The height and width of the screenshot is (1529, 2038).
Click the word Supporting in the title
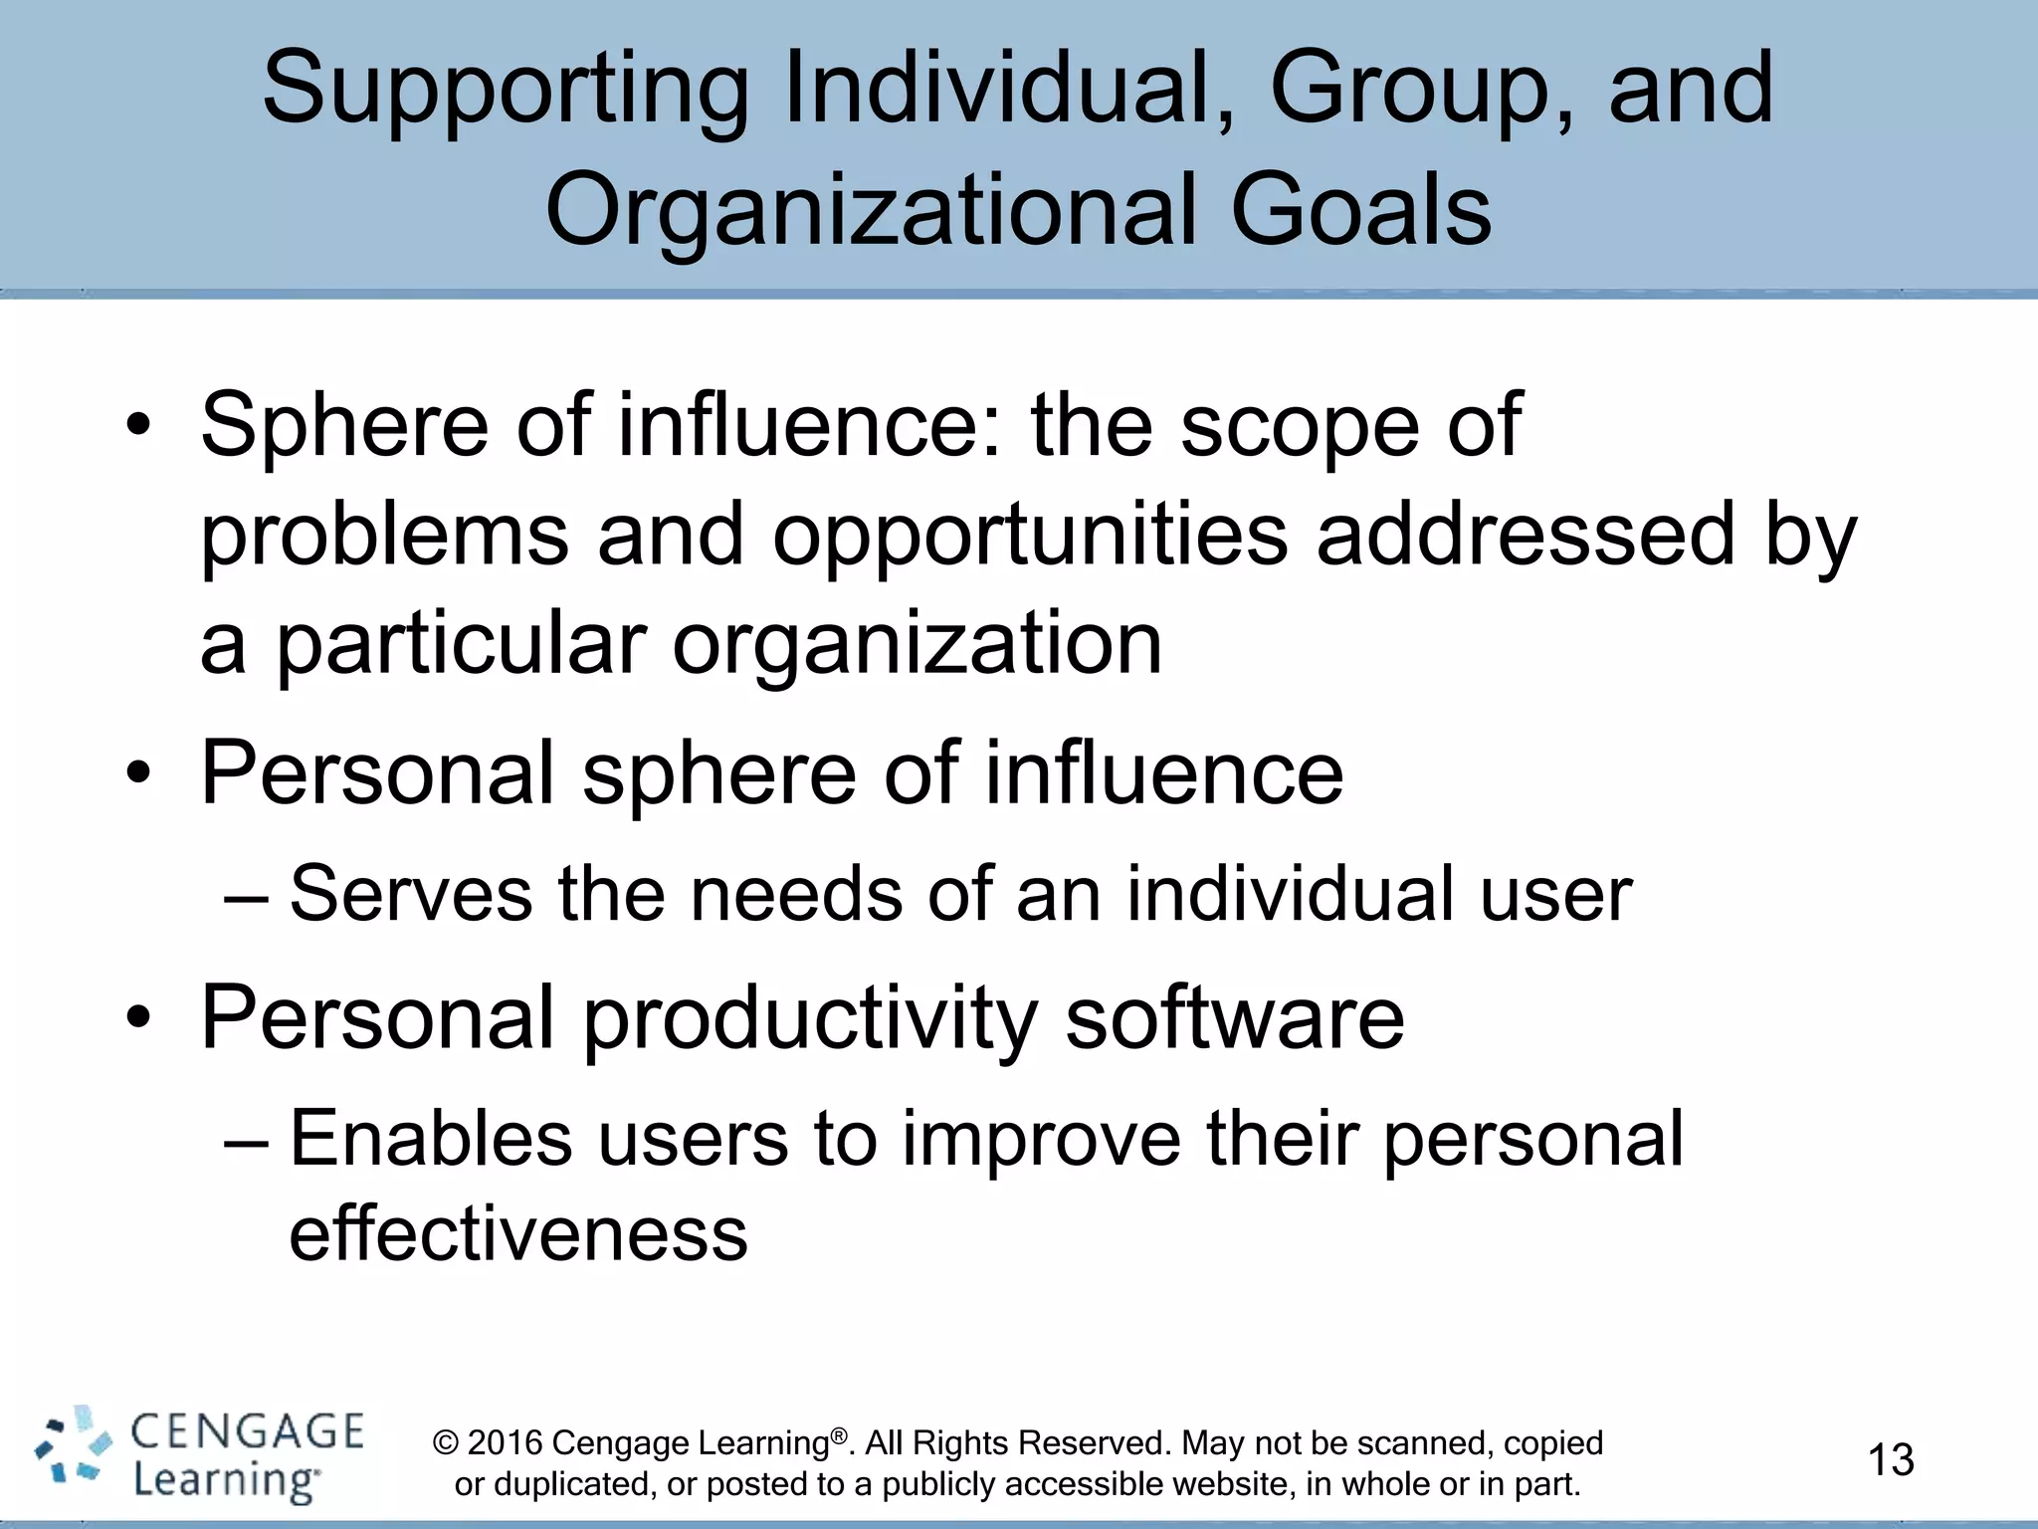[506, 92]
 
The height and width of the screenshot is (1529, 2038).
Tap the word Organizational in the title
[869, 210]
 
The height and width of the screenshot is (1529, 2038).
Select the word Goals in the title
[1360, 210]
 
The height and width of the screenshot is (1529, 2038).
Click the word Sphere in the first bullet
[344, 425]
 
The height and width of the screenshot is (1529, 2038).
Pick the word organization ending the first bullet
[917, 646]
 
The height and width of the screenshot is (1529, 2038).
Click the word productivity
[809, 1020]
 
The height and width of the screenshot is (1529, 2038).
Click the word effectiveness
[517, 1233]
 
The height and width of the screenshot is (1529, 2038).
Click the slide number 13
[1891, 1460]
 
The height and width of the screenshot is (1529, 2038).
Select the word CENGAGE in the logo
[248, 1432]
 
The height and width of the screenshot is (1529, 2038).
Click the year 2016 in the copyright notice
[505, 1442]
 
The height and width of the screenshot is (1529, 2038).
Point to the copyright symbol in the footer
[446, 1443]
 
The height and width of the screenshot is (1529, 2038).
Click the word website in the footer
[1243, 1484]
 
